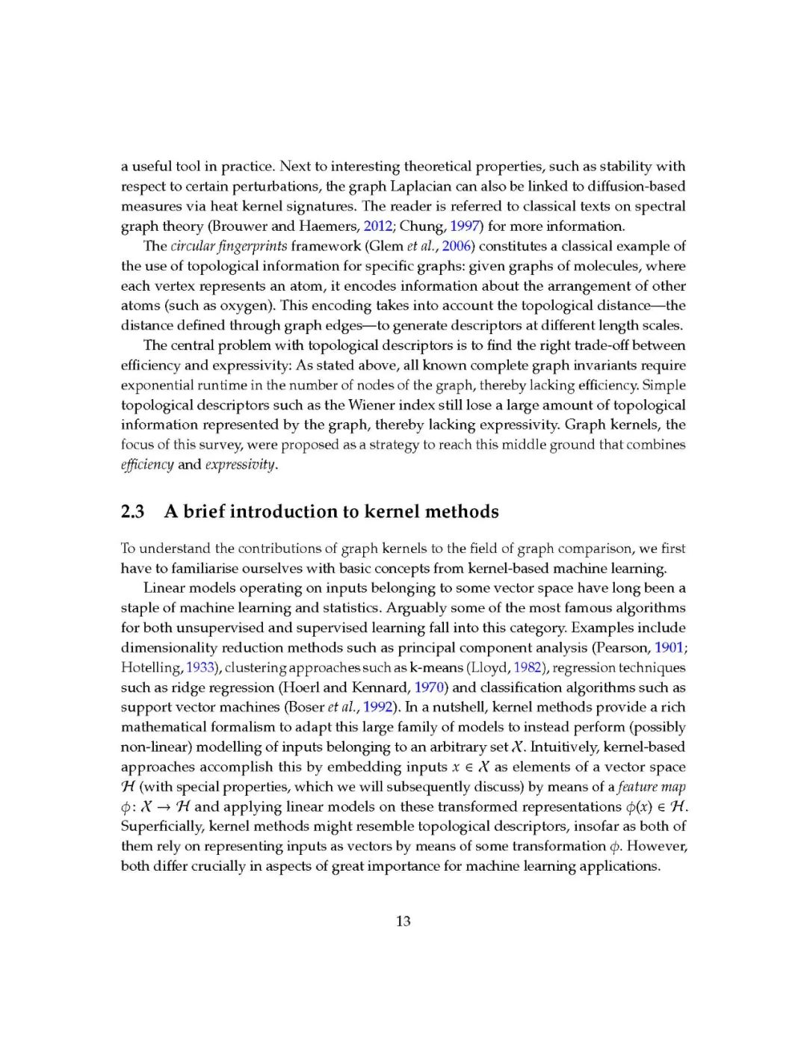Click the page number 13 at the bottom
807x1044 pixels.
click(403, 921)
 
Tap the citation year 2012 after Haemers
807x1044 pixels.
click(378, 226)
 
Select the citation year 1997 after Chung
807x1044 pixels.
click(466, 226)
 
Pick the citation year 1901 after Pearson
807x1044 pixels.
click(669, 647)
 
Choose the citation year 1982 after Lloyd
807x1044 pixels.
click(528, 667)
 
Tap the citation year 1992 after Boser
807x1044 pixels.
click(378, 707)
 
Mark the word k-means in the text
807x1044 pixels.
click(436, 667)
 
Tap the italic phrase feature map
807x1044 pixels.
click(652, 787)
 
